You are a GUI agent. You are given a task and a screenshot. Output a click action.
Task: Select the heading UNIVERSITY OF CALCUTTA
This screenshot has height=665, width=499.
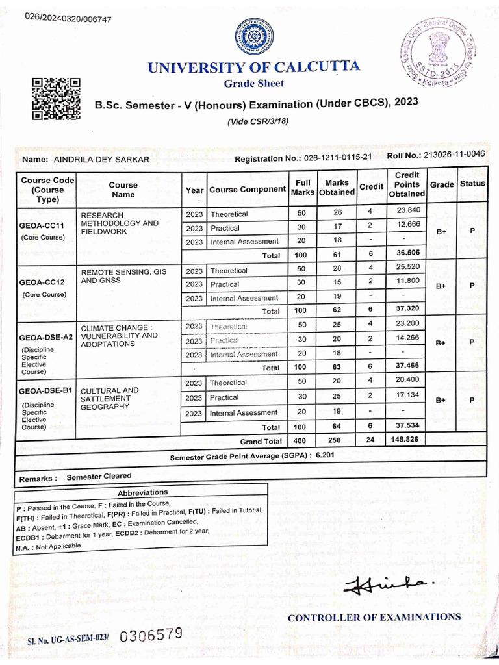point(253,67)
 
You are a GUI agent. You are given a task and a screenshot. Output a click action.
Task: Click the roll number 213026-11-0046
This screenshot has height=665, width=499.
point(454,155)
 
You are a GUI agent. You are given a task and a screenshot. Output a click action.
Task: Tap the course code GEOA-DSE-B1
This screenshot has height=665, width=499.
point(45,391)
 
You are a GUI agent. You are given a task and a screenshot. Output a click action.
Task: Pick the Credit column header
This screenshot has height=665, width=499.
point(371,186)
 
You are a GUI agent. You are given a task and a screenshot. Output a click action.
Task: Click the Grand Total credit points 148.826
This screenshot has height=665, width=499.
point(407,440)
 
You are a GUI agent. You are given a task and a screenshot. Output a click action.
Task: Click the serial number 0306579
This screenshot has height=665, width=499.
point(151,635)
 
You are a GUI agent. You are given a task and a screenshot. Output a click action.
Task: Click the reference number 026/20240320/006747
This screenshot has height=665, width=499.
point(68,18)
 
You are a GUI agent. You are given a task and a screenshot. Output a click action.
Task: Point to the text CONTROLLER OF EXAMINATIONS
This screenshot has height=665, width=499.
point(374,617)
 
